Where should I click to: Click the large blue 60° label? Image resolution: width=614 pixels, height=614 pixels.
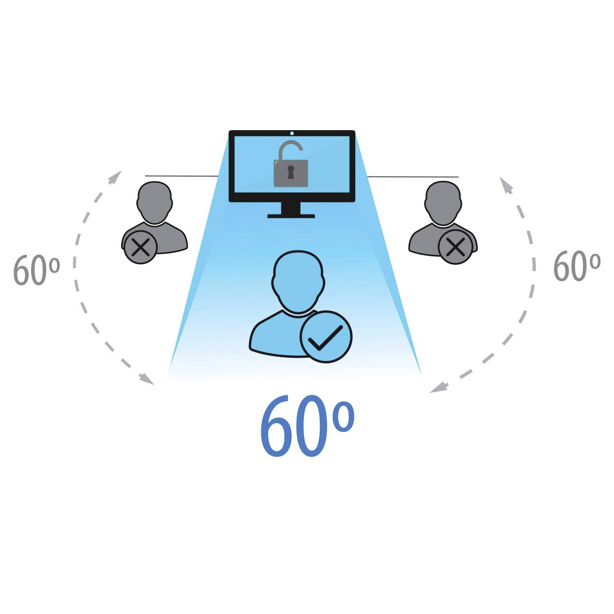[x=307, y=426]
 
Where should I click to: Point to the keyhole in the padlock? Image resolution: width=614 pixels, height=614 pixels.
[x=291, y=172]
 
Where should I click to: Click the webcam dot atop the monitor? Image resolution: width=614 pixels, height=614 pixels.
[x=292, y=133]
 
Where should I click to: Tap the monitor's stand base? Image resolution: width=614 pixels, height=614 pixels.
[x=291, y=215]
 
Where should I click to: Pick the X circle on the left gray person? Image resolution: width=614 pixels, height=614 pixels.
[x=140, y=248]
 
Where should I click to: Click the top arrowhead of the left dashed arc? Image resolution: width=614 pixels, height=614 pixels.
[x=116, y=176]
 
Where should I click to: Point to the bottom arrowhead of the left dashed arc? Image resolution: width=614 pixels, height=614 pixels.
[x=147, y=379]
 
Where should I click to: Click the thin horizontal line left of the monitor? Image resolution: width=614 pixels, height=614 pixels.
[x=182, y=176]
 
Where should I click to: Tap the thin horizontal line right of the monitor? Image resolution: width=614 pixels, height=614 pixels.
[x=413, y=177]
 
